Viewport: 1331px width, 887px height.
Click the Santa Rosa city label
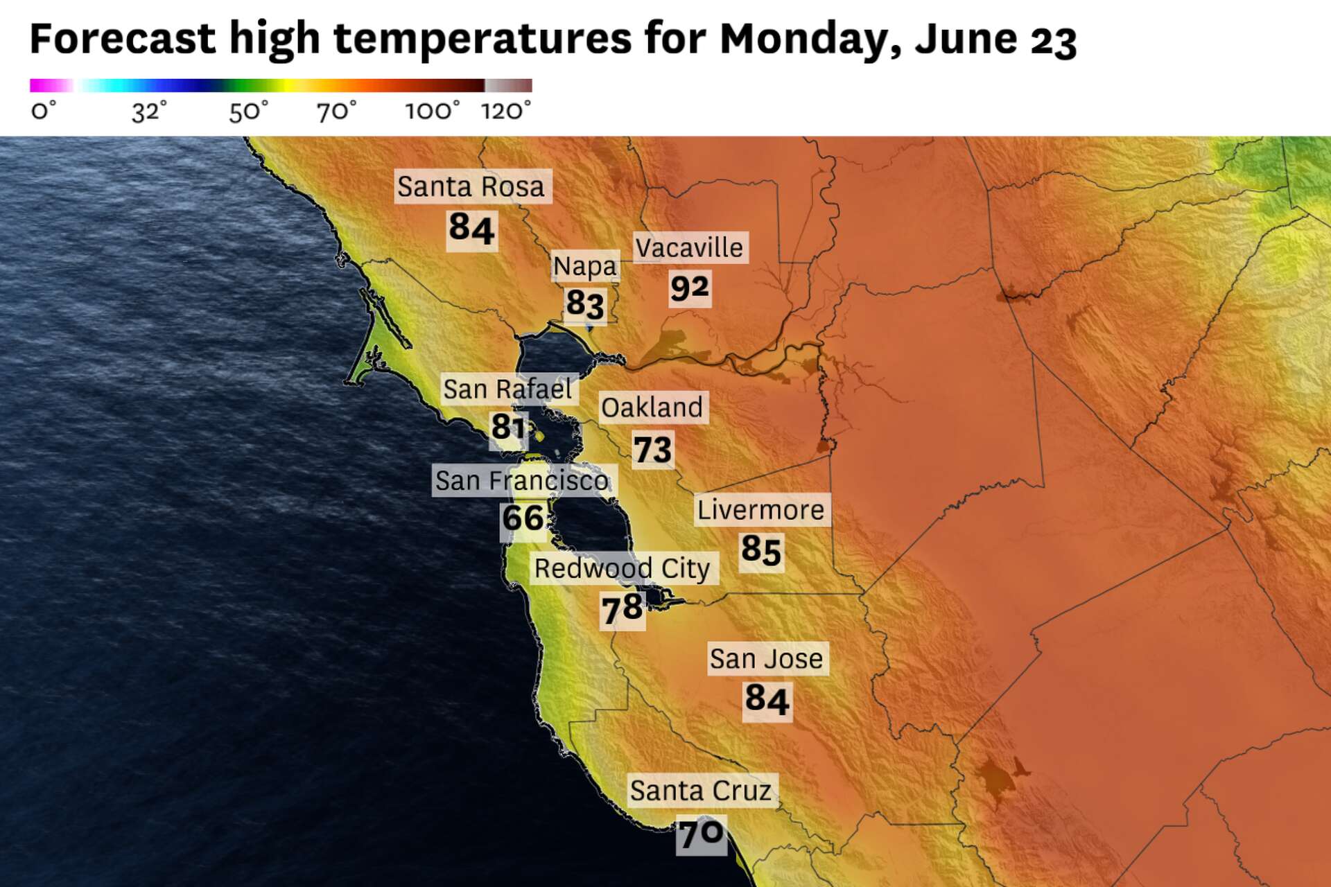471,186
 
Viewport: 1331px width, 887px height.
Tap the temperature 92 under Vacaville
690,288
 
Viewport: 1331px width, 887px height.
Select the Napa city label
584,266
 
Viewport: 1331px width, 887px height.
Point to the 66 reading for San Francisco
523,518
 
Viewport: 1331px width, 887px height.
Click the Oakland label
652,407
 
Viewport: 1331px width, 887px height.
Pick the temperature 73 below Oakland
652,450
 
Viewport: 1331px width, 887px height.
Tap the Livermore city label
760,510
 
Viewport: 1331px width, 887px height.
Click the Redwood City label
622,569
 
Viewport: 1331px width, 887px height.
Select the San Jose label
766,659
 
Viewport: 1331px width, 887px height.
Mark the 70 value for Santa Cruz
701,834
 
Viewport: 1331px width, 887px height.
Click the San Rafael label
507,389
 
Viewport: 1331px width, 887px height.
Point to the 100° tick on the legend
432,112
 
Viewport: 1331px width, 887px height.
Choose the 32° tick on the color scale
149,112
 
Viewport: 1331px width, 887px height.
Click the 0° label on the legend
43,112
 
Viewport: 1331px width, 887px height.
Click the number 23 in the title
1053,40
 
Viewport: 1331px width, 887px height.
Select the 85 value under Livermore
761,550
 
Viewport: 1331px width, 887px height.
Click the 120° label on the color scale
506,112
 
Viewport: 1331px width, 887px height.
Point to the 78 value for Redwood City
622,609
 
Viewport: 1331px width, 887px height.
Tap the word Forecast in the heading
123,39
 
